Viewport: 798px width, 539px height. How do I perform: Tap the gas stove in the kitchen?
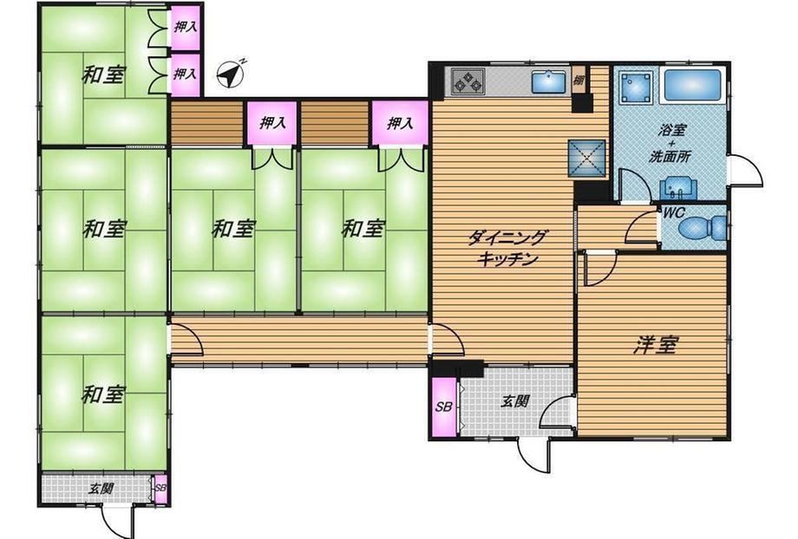coord(468,81)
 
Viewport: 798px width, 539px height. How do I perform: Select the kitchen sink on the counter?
coord(549,81)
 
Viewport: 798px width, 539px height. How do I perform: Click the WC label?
coord(674,212)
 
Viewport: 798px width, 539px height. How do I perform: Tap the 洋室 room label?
coord(656,345)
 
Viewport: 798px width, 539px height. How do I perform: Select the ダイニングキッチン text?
coord(508,249)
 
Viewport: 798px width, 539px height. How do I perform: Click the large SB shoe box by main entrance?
coord(444,406)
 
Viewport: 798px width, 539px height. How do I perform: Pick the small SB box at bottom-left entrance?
coord(160,488)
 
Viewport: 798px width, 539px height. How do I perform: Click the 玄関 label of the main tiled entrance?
coord(514,401)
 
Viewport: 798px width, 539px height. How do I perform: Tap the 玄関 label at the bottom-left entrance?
coord(101,489)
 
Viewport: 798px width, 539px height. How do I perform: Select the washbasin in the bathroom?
coord(677,188)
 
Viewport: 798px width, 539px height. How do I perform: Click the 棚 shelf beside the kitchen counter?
coord(579,80)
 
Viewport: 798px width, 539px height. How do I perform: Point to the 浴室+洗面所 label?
coord(670,143)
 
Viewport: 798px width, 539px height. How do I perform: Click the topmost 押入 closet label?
coord(186,27)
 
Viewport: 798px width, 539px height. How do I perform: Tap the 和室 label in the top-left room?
coord(103,75)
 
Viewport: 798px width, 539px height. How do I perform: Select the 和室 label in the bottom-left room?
coord(103,394)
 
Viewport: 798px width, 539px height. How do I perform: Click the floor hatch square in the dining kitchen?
coord(587,158)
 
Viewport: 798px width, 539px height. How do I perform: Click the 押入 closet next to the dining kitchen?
coord(400,123)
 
